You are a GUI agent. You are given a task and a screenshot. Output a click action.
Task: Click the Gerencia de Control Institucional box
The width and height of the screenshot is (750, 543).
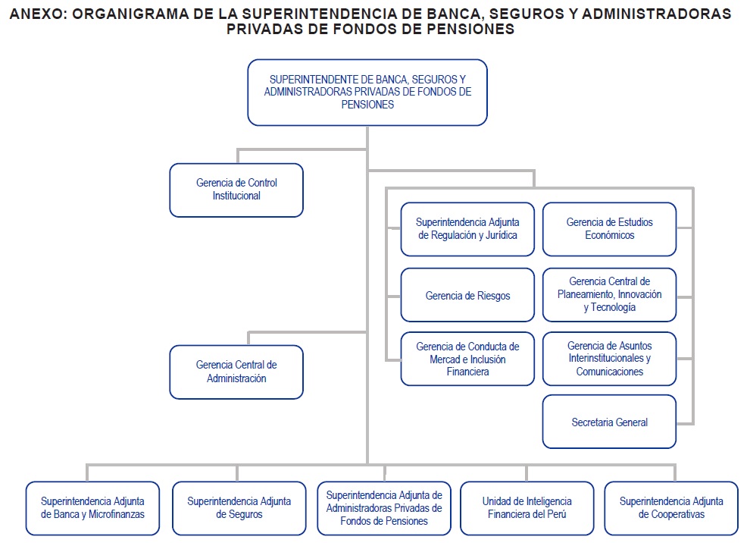[x=236, y=190]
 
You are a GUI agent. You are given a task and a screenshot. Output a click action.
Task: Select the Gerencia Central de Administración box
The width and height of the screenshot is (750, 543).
[x=236, y=372]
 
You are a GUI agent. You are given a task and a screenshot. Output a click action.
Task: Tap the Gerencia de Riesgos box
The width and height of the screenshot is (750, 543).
[x=467, y=295]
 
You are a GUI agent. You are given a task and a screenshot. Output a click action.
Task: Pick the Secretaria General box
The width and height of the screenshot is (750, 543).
[x=609, y=422]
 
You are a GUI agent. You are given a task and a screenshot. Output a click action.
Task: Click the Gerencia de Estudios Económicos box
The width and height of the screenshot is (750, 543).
[x=609, y=229]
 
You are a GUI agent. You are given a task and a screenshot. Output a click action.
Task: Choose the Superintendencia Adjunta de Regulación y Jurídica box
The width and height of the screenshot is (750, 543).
[x=467, y=229]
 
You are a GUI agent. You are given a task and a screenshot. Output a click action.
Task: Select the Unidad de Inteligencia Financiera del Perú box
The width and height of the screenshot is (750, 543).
[x=527, y=508]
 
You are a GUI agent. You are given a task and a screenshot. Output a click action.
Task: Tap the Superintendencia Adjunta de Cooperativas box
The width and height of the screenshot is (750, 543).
[x=671, y=508]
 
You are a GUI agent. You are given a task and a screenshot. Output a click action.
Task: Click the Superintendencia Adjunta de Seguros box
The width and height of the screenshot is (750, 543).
[x=239, y=508]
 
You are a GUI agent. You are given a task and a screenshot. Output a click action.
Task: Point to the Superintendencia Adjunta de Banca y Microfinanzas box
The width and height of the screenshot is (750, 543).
[x=92, y=508]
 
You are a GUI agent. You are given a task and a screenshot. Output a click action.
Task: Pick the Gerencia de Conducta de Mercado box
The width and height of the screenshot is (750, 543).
[x=467, y=359]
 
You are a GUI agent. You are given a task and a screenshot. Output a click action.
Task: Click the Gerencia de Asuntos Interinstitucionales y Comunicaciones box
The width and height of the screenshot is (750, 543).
[x=609, y=359]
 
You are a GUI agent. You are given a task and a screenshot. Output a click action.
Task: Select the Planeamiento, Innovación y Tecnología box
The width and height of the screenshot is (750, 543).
[x=609, y=295]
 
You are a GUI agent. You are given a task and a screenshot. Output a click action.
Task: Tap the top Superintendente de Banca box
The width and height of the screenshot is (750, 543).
[x=367, y=93]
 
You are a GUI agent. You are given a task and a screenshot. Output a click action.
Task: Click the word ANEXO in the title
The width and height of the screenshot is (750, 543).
[x=38, y=14]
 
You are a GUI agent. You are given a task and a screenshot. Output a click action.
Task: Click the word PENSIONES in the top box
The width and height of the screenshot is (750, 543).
[x=367, y=105]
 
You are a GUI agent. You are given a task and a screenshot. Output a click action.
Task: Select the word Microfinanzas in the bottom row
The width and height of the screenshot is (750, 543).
[x=117, y=514]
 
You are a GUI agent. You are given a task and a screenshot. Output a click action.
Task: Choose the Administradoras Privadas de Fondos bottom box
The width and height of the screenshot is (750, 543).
[x=384, y=508]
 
